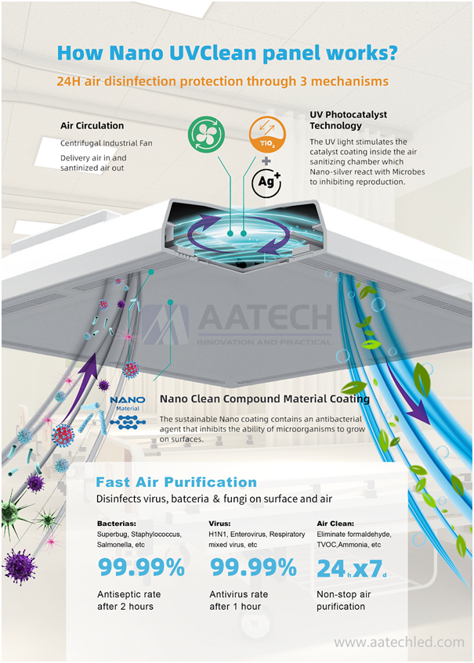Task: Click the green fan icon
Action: click(206, 134)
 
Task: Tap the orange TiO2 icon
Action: click(267, 134)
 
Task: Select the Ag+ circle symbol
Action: click(266, 182)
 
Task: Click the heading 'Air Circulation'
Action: click(92, 125)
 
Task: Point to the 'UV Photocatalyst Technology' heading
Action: click(349, 120)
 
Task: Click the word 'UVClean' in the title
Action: click(213, 53)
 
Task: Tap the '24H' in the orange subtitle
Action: click(69, 81)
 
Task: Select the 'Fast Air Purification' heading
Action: click(176, 482)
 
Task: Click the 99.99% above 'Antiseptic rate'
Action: click(141, 568)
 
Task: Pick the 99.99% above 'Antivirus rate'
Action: click(254, 568)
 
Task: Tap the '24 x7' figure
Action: click(352, 569)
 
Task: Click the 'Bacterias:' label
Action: click(117, 524)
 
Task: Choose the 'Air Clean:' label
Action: click(335, 524)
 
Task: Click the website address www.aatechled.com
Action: click(399, 643)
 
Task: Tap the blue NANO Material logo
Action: click(128, 412)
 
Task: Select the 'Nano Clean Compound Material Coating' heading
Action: click(265, 398)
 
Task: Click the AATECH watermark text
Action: click(265, 317)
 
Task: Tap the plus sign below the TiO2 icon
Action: click(266, 160)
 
